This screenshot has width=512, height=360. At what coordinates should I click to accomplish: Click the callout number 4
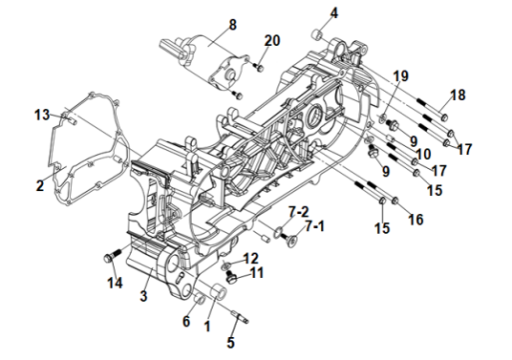(334, 13)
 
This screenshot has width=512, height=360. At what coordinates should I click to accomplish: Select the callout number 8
(233, 25)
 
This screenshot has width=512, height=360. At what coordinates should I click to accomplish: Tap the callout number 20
(272, 41)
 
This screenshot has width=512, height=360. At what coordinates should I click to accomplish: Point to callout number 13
(42, 115)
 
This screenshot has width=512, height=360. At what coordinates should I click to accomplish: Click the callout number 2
(40, 185)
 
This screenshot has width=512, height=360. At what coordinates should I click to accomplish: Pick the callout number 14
(115, 283)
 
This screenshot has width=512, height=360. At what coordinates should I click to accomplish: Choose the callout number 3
(143, 295)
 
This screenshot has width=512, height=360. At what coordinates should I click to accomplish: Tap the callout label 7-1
(315, 226)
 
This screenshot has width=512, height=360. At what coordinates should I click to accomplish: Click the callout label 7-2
(299, 212)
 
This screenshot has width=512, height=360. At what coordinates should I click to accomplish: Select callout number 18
(458, 95)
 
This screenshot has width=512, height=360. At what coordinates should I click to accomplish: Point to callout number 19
(401, 76)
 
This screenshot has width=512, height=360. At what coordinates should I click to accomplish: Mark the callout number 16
(416, 220)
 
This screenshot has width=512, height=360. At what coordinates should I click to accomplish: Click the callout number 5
(231, 342)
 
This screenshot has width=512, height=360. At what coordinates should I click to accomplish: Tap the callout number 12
(251, 258)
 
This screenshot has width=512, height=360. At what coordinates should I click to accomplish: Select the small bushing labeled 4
(317, 34)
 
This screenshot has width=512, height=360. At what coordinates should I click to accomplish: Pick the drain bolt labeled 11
(231, 277)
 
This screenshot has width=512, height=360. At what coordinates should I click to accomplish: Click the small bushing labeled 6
(199, 299)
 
